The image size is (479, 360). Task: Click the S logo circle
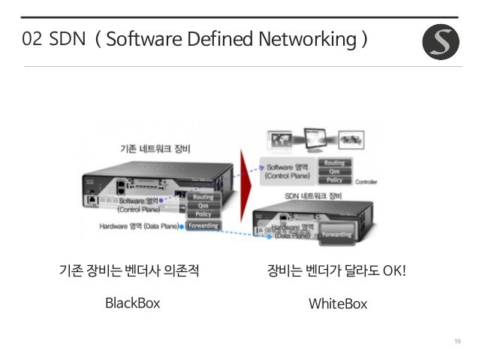pyautogui.click(x=441, y=41)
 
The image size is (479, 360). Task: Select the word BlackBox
pyautogui.click(x=133, y=303)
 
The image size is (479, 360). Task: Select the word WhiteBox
pyautogui.click(x=338, y=304)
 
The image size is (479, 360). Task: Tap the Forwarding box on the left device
pyautogui.click(x=203, y=225)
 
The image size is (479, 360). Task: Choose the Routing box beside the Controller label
pyautogui.click(x=335, y=162)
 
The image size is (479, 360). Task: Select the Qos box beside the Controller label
pyautogui.click(x=335, y=171)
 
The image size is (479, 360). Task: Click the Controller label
pyautogui.click(x=366, y=182)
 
